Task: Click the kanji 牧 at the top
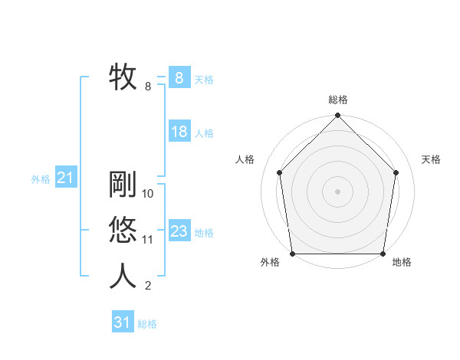coord(123,77)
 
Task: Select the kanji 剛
coord(123,185)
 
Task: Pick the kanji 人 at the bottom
coord(123,276)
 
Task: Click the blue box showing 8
coord(179,78)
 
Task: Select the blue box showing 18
coord(179,132)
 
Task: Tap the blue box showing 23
coord(179,231)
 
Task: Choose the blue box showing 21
coord(65,178)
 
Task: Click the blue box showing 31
coord(123,322)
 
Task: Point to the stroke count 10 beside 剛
coord(148,195)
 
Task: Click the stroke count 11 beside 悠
coord(148,240)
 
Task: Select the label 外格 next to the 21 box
coord(41,179)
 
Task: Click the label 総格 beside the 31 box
coord(147,324)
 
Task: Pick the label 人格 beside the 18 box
coord(204,133)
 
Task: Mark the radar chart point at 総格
coord(337,116)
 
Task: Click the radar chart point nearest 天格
coord(396,172)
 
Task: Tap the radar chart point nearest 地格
coord(383,254)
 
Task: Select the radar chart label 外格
coord(270,263)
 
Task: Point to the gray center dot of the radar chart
coord(337,191)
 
